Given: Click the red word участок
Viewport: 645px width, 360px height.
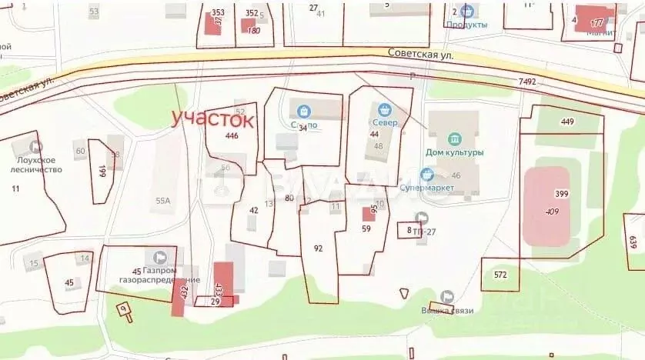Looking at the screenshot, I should pos(212,118).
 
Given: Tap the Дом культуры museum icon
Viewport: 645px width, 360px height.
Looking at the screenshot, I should pos(454,139).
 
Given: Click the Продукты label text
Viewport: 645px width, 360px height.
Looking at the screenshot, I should pos(466,25).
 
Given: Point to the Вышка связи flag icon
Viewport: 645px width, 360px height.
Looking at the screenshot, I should pos(447,296).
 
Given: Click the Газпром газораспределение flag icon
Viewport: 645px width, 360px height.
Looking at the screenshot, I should pos(160,257).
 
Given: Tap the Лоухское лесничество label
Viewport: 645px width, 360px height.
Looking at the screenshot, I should pos(37,165).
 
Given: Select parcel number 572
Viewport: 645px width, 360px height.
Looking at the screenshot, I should pos(500,275).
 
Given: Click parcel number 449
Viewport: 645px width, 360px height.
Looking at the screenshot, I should pos(567,122).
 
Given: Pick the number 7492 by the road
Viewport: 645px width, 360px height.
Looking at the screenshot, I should pos(527,81).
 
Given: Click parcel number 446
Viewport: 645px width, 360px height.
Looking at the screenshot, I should pos(232,135).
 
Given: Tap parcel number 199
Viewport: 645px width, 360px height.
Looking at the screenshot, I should pos(102,172).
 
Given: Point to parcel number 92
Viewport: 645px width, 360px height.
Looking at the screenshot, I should pos(319,248).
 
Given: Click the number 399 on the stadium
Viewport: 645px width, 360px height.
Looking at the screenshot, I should pos(561,194).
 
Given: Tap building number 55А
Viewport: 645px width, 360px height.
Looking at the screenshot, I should pos(162,201).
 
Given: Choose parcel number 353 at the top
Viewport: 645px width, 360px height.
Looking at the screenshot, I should pos(218,12).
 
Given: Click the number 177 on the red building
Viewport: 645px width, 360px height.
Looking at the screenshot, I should pos(597,23).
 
